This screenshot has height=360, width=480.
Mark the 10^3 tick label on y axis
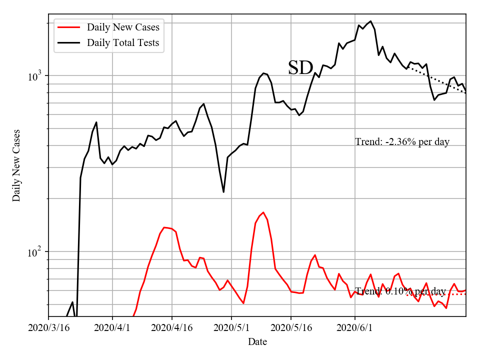(x=35, y=76)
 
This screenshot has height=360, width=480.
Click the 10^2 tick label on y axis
(x=35, y=252)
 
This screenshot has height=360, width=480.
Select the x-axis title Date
(x=257, y=342)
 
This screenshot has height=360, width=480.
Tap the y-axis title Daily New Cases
(x=17, y=165)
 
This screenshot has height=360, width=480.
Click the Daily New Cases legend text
(x=123, y=27)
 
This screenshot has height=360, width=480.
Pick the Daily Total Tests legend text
(x=123, y=43)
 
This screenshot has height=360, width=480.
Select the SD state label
(x=300, y=68)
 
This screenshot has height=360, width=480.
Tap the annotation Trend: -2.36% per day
(x=402, y=142)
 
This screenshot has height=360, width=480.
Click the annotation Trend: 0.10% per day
(x=400, y=291)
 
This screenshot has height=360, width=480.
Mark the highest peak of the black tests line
(x=370, y=21)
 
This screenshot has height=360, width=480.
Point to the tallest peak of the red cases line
(x=263, y=212)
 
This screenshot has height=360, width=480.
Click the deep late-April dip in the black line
(x=223, y=192)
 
